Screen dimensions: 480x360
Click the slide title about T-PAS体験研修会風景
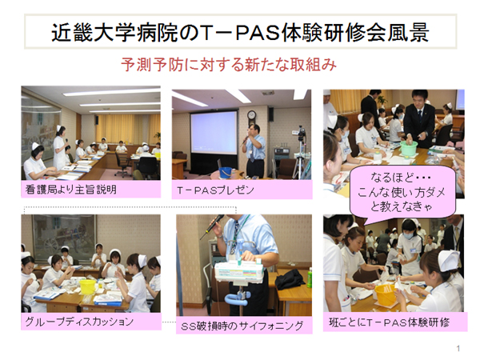(240, 31)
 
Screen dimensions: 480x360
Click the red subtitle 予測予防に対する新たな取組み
(229, 65)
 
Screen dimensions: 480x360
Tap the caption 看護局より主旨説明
(71, 190)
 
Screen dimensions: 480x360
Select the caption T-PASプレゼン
(215, 190)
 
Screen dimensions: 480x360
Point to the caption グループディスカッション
(79, 322)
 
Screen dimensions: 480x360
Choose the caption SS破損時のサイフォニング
(242, 326)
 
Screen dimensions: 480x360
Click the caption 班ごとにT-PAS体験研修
(389, 322)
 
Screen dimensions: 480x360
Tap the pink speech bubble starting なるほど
(402, 192)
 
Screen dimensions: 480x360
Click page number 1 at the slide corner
(458, 348)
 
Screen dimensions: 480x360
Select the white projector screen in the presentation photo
(214, 133)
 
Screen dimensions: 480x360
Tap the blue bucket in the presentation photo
(225, 172)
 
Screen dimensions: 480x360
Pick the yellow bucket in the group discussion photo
(87, 287)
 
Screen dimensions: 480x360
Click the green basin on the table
(409, 148)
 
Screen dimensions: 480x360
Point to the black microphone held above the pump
(212, 226)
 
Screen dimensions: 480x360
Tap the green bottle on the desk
(310, 278)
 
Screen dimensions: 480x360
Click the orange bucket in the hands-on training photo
(386, 294)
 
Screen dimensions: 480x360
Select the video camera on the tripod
(302, 132)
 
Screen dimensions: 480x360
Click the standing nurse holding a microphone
(60, 147)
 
